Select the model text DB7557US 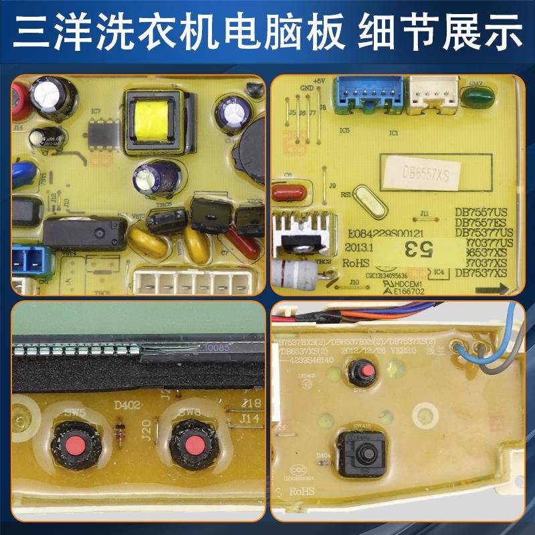pyautogui.click(x=481, y=212)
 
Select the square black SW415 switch pyautogui.click(x=363, y=453)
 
